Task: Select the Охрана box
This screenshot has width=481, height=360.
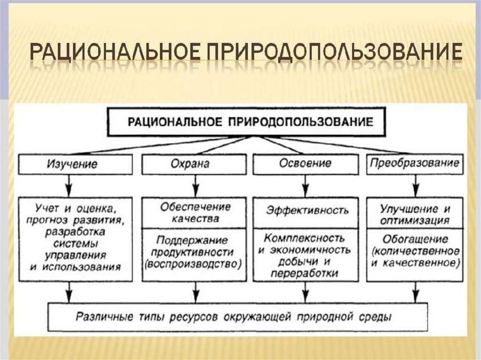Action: point(194,164)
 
